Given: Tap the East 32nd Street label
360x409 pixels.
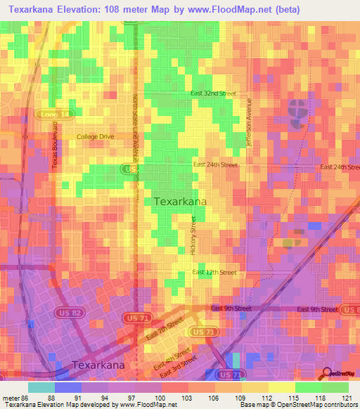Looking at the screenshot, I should (212, 93).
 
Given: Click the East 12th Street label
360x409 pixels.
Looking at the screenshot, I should (213, 272).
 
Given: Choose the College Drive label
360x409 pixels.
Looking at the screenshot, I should (96, 136).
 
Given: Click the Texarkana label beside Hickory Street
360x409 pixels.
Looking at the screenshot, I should (180, 202).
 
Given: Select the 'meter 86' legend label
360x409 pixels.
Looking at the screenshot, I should (15, 398).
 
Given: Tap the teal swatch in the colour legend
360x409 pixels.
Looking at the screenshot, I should (41, 387).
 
